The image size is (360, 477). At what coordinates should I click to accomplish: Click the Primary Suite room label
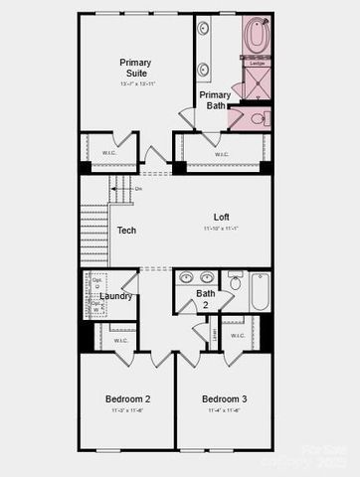[x=135, y=68]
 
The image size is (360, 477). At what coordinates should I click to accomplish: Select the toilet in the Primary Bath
[x=257, y=119]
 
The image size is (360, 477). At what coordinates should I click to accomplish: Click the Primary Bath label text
[x=215, y=100]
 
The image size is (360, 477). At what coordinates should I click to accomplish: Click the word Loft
[x=222, y=217]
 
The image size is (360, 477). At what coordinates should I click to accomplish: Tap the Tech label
[x=126, y=231]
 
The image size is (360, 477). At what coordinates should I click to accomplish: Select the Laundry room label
[x=116, y=296]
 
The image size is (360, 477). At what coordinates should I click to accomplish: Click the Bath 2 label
[x=205, y=298]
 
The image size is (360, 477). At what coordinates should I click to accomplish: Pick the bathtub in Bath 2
[x=260, y=292]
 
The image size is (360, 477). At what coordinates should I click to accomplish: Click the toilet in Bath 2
[x=235, y=282]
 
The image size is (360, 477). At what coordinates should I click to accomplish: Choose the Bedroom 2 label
[x=128, y=399]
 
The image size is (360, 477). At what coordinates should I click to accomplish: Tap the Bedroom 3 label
[x=224, y=399]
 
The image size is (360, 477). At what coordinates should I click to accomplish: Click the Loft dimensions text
[x=222, y=229]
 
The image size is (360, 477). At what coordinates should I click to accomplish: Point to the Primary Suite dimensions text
[x=135, y=84]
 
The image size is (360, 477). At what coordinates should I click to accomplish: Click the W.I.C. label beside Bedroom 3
[x=238, y=336]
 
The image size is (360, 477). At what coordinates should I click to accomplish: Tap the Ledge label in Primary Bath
[x=257, y=63]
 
